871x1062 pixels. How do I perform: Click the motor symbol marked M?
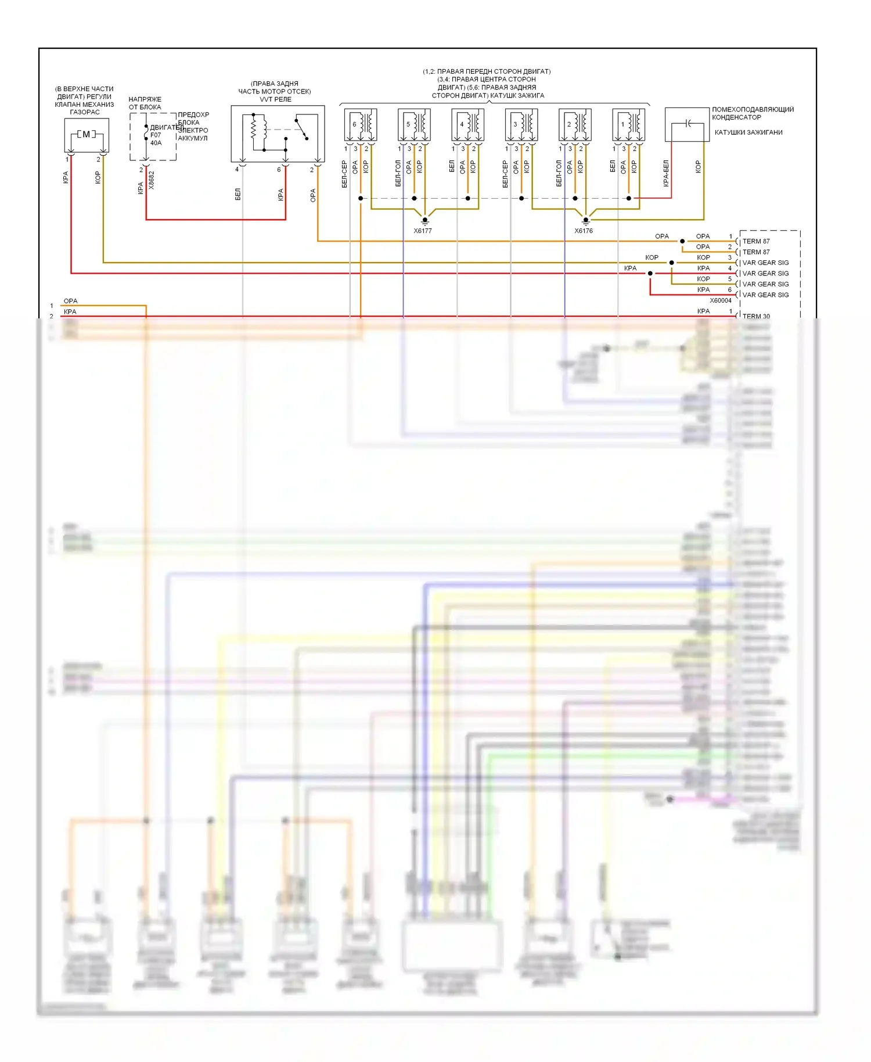tap(86, 135)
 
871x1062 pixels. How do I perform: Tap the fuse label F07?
tap(156, 135)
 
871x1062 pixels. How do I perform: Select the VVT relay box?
tap(278, 134)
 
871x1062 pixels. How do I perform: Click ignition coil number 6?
tap(361, 124)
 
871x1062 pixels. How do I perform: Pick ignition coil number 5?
tap(414, 124)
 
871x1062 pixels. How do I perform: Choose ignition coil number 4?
tap(468, 124)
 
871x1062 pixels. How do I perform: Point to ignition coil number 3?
tap(521, 124)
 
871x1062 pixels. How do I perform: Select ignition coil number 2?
tap(575, 124)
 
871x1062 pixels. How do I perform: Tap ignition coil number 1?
tap(629, 124)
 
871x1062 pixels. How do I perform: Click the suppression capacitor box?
tap(687, 124)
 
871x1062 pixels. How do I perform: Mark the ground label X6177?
tap(423, 231)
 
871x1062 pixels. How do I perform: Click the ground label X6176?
tap(584, 231)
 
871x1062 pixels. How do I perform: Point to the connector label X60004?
tap(721, 301)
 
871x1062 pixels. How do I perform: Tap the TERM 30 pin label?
tap(756, 317)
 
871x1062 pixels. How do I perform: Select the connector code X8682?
tap(152, 180)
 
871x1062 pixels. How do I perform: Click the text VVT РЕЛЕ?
tap(275, 99)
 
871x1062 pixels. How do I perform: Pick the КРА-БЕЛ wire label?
tap(666, 173)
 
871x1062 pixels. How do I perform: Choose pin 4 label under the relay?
tap(237, 170)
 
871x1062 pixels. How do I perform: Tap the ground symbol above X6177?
tap(425, 221)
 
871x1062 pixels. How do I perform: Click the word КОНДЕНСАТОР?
tap(736, 117)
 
